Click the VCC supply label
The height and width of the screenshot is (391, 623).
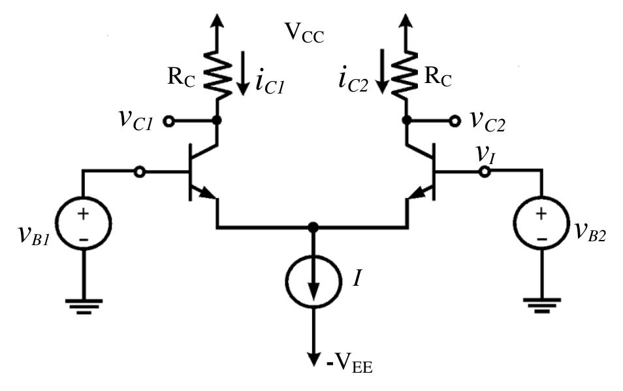305,33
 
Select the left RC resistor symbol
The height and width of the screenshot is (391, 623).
217,75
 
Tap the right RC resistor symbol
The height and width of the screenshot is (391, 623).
406,75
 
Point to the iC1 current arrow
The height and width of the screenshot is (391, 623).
242,74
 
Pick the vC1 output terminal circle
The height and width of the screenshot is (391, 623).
169,121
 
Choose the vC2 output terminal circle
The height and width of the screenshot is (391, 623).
455,120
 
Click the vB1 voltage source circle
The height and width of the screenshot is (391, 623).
84,223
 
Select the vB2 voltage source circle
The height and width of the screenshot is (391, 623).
541,223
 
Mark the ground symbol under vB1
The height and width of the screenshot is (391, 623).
84,307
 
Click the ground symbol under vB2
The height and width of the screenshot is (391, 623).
542,306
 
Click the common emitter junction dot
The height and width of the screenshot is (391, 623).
313,228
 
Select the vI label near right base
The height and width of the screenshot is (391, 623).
485,153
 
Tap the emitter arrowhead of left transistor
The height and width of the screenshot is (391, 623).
208,193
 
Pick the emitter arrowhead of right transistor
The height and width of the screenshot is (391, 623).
417,194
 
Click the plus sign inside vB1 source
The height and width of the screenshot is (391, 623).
84,214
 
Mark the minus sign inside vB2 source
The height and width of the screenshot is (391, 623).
541,239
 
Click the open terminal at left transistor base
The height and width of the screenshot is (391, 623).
140,172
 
